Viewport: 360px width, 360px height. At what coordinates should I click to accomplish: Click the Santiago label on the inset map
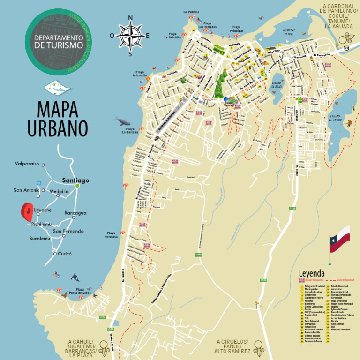[x=75, y=180]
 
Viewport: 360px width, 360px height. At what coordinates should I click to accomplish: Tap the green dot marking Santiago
[x=77, y=186]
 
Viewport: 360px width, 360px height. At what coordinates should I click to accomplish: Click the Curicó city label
[x=65, y=254]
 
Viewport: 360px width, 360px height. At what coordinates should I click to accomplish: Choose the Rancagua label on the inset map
[x=75, y=213]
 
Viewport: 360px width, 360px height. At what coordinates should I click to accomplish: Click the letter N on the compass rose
[x=130, y=18]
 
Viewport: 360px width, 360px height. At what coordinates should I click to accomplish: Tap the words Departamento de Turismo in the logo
[x=58, y=41]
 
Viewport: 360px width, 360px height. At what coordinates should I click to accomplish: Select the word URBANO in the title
[x=58, y=128]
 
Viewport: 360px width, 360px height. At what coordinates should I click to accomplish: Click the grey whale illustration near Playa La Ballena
[x=123, y=121]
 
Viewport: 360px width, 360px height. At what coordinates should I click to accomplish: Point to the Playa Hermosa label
[x=112, y=235]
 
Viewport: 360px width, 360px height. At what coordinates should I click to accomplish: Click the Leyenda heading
[x=312, y=273]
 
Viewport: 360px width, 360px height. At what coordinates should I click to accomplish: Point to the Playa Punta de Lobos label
[x=80, y=291]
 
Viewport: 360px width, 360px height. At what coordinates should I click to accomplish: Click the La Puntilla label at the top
[x=191, y=12]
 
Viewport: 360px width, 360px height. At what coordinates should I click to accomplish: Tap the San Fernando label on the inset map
[x=68, y=231]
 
